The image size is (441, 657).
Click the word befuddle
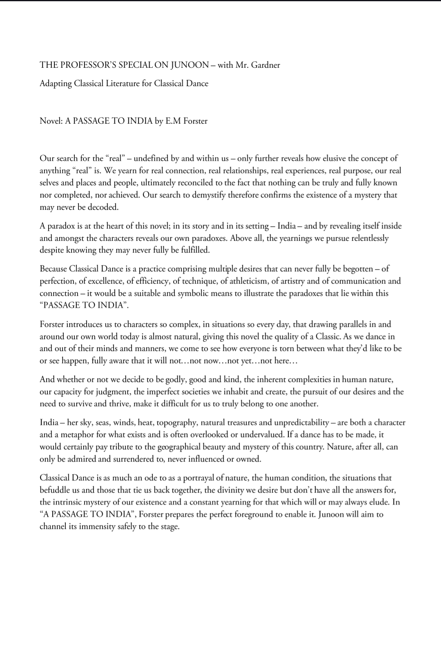(x=55, y=490)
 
